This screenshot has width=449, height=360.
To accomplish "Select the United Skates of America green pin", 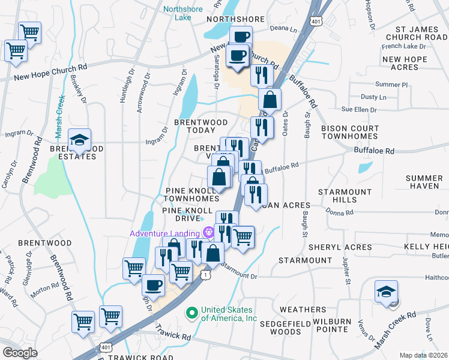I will pos(193,313).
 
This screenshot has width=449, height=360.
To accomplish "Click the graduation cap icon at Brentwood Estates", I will pos(79,140).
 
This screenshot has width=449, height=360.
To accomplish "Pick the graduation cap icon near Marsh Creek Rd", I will pos(384,292).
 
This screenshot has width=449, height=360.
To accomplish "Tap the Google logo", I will pos(20,353).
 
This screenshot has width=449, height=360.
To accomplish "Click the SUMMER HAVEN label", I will pos(423,182).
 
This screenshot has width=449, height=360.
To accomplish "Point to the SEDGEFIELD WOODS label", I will pos(280,328).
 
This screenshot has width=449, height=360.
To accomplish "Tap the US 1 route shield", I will pos(206,274).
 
